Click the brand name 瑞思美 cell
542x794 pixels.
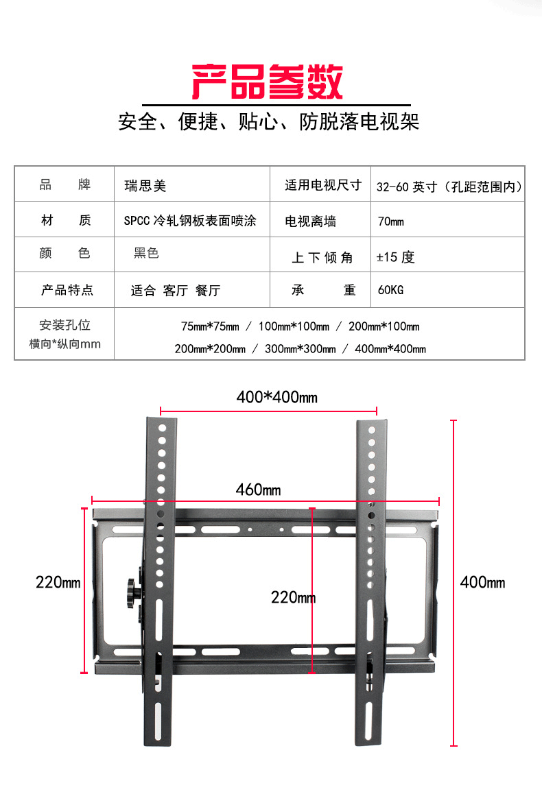(145, 185)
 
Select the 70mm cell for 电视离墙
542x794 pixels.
(390, 221)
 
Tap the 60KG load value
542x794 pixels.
(390, 290)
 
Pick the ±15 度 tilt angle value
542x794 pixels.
(396, 257)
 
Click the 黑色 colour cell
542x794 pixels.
(146, 254)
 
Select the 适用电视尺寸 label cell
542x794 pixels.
(322, 185)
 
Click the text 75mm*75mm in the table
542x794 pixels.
(210, 326)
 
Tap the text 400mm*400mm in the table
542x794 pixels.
(390, 349)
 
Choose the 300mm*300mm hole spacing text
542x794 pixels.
(300, 349)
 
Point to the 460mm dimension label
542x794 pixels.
(258, 490)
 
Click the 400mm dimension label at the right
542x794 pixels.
(482, 582)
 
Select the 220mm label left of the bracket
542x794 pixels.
(58, 582)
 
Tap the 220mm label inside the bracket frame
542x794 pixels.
(293, 597)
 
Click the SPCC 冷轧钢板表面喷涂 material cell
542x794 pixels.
(189, 221)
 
